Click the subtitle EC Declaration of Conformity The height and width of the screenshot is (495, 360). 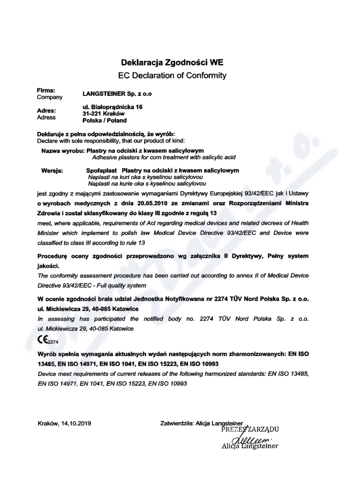click(x=173, y=75)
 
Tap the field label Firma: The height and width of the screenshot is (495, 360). click(x=46, y=90)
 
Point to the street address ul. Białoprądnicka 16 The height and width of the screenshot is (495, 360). click(x=111, y=107)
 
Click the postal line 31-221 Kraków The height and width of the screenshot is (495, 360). click(x=100, y=114)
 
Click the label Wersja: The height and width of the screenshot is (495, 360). click(x=52, y=171)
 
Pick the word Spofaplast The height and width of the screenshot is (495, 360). click(x=101, y=171)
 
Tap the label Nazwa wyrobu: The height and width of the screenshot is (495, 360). click(x=63, y=150)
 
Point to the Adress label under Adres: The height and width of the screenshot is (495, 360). click(x=46, y=117)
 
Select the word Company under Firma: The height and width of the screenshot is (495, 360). click(x=49, y=97)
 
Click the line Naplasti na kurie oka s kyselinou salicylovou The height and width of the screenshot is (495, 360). click(x=147, y=184)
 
